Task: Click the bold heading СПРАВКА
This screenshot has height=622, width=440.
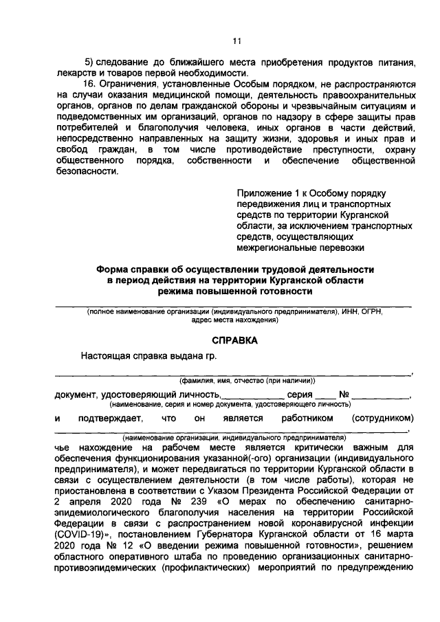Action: (x=234, y=340)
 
